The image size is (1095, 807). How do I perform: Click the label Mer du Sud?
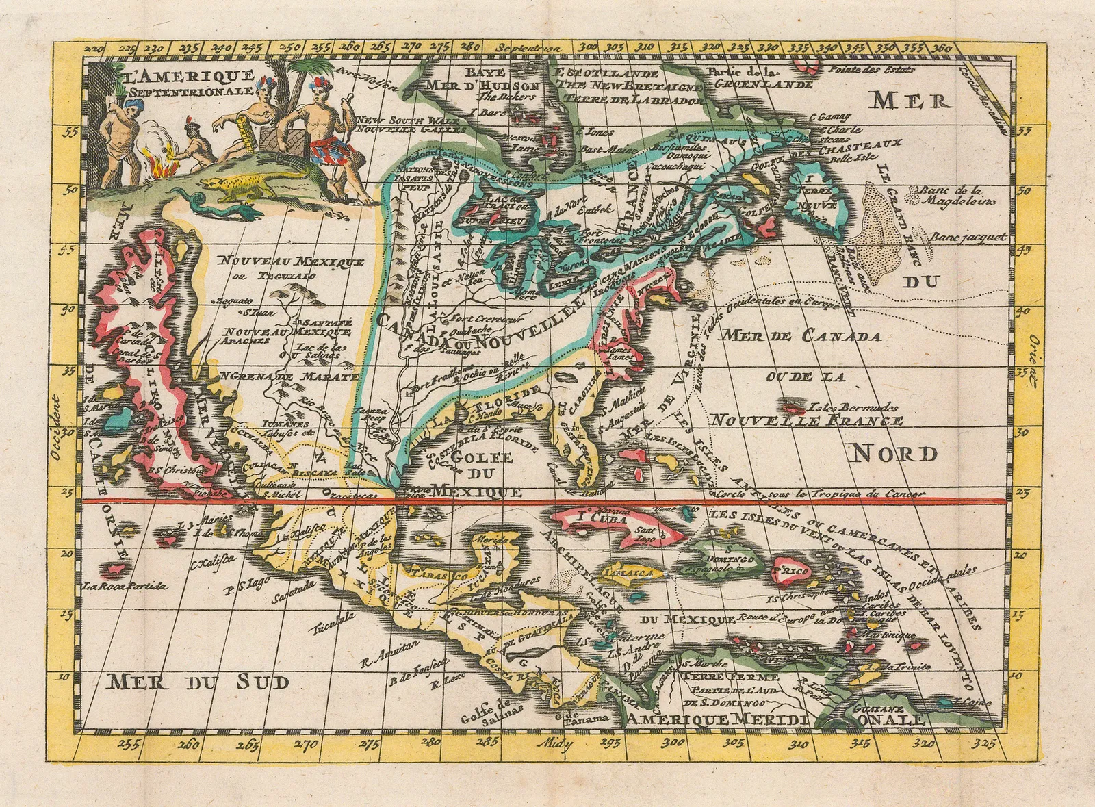point(198,681)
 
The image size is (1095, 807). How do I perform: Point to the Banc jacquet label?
point(968,238)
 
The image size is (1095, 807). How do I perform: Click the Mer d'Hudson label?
point(483,85)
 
